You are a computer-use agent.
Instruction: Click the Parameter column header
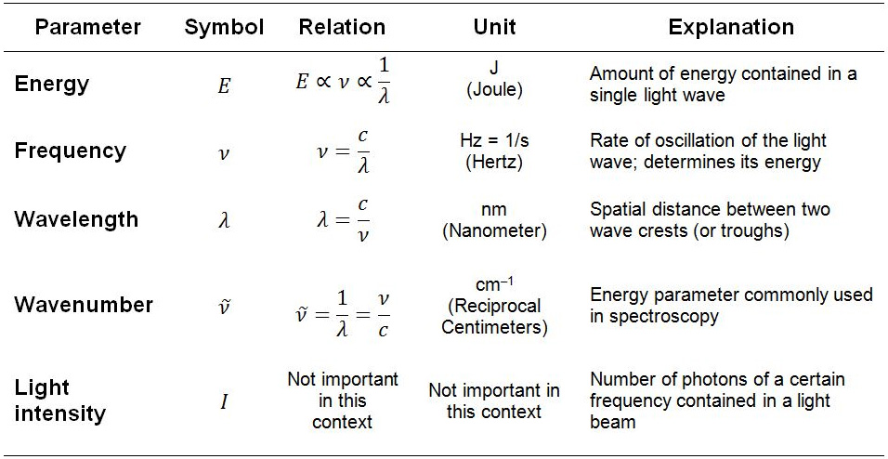click(x=87, y=28)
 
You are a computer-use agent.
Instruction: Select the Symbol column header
click(x=224, y=28)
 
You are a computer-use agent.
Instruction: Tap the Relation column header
click(x=342, y=28)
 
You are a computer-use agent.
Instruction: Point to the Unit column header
click(x=495, y=28)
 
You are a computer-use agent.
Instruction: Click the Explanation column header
click(x=731, y=28)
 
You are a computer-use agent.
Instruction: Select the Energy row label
click(x=51, y=85)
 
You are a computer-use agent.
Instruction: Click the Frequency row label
click(x=70, y=151)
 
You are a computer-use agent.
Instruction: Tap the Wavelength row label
click(x=76, y=218)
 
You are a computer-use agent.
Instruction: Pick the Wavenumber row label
click(x=84, y=305)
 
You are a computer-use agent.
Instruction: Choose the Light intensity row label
click(x=60, y=400)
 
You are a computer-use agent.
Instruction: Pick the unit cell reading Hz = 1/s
click(x=495, y=140)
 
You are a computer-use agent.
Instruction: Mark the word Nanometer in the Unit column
click(x=494, y=230)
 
